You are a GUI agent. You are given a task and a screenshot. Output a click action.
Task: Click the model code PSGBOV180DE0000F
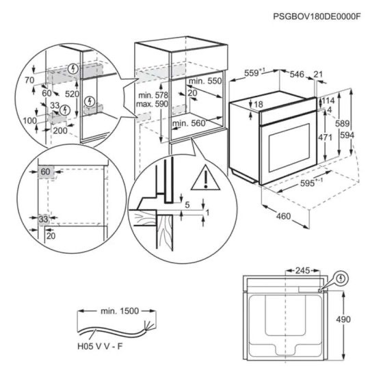click(317, 16)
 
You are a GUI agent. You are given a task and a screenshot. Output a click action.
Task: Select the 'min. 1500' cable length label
click(120, 311)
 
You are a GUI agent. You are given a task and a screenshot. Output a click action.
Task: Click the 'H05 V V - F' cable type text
click(100, 346)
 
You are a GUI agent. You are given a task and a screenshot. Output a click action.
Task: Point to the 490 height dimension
click(343, 319)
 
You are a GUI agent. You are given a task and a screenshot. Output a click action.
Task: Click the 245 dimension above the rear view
click(302, 270)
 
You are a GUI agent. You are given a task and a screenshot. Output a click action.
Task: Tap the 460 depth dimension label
click(284, 216)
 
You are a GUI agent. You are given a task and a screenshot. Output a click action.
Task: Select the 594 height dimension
click(347, 135)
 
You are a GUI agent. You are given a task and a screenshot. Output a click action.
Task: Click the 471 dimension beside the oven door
click(325, 137)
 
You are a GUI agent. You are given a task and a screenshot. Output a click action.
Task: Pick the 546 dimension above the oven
click(297, 74)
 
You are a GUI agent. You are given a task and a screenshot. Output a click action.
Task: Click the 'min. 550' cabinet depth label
click(205, 81)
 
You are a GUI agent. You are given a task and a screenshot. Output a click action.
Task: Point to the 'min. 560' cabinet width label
click(189, 123)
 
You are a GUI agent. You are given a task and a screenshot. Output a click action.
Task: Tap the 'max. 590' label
click(152, 104)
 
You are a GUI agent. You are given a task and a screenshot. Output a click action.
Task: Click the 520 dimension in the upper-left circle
click(72, 94)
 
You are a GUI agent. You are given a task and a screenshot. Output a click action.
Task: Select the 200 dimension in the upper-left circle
click(60, 131)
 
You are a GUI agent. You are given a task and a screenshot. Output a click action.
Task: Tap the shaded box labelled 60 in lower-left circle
click(46, 172)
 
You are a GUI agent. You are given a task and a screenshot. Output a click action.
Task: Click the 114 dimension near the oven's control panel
click(328, 101)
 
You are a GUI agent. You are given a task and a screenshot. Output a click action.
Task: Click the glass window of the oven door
click(289, 148)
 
